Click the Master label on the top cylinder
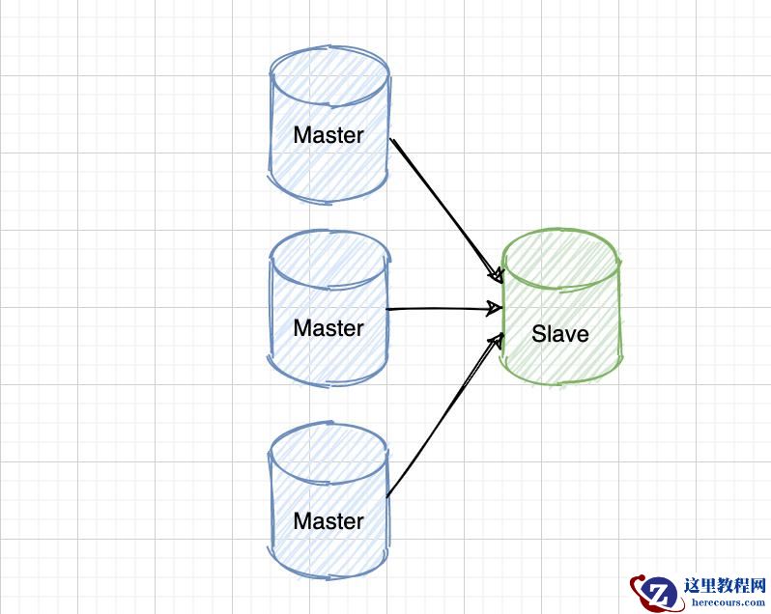pos(328,135)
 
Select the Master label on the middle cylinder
pos(328,328)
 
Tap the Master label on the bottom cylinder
pos(328,521)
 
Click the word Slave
pos(560,334)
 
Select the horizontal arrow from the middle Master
pos(440,309)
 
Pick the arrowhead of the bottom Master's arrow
pos(500,339)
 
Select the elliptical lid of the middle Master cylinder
pos(329,259)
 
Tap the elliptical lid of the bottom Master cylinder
pos(329,450)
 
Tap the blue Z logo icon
pos(659,590)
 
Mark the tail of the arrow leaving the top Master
pos(392,142)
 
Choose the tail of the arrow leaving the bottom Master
pos(388,495)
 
